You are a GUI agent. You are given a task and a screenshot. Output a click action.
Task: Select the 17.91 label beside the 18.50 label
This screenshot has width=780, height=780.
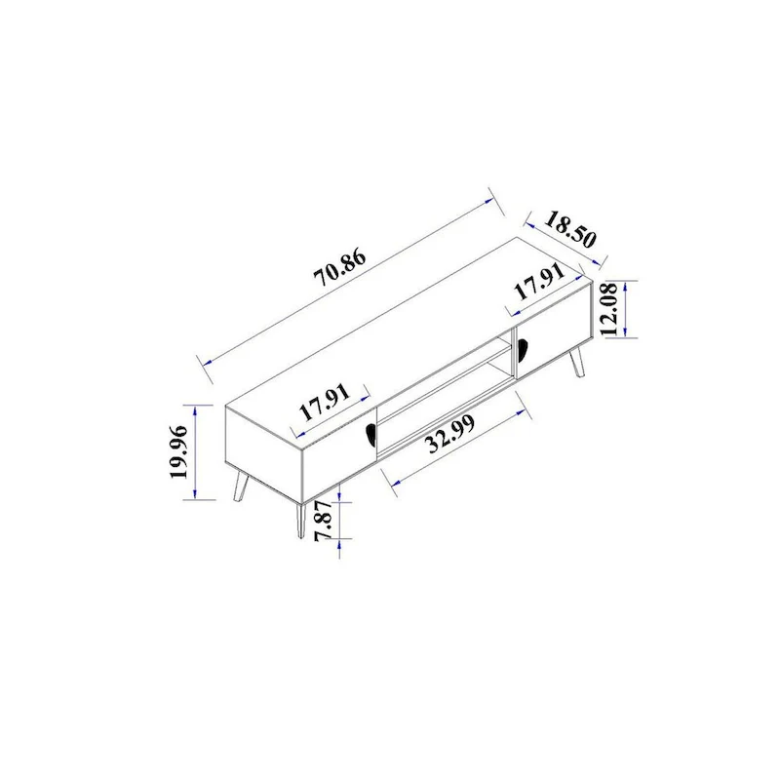(x=540, y=287)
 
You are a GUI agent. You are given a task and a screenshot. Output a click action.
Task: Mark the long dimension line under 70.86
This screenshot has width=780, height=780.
(x=351, y=283)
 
